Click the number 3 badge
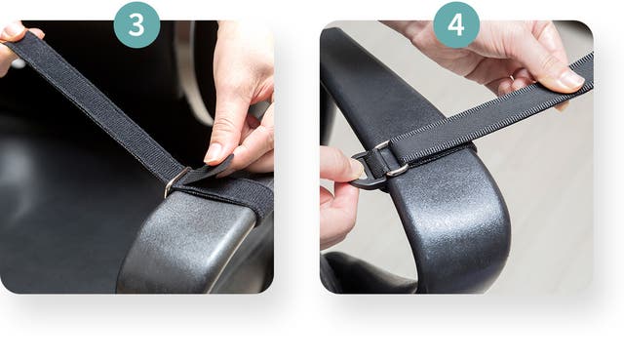(136, 24)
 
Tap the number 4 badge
(456, 24)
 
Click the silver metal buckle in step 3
(175, 182)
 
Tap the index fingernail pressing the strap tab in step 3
(213, 153)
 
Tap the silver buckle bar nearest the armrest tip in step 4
(397, 170)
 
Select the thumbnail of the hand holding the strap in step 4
(571, 80)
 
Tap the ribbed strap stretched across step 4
(493, 107)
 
